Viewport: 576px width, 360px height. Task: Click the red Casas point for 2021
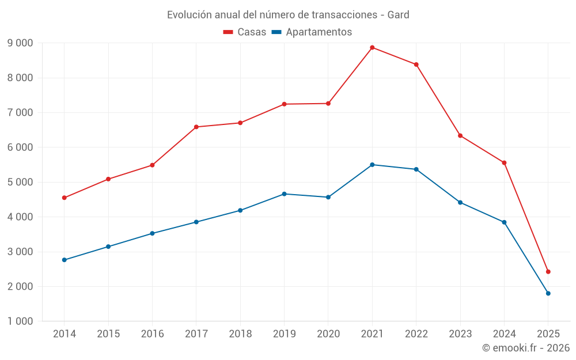(372, 47)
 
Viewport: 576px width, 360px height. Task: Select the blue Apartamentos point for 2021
(372, 165)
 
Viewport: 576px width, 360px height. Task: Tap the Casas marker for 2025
(548, 271)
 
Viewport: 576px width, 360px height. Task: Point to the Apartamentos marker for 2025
(548, 293)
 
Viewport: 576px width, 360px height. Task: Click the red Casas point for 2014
(64, 198)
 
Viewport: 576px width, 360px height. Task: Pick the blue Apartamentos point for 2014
(64, 260)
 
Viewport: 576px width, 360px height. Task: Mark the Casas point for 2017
(196, 127)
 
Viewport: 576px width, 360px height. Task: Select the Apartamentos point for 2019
(284, 194)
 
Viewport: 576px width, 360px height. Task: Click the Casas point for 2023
(460, 135)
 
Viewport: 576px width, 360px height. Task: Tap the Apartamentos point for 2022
(416, 169)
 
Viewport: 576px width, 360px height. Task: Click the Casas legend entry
(245, 32)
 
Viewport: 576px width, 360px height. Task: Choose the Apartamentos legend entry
(312, 32)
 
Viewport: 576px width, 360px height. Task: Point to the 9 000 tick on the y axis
(20, 43)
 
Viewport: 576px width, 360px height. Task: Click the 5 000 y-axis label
(20, 182)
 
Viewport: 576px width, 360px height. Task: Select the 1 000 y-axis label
(20, 321)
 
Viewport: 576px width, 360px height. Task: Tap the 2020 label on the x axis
(328, 334)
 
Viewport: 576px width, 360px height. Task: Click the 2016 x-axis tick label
(152, 334)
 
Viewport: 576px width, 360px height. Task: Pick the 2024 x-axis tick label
(504, 334)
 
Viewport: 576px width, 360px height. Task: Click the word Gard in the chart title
(398, 15)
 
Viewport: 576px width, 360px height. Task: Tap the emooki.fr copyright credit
(526, 348)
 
